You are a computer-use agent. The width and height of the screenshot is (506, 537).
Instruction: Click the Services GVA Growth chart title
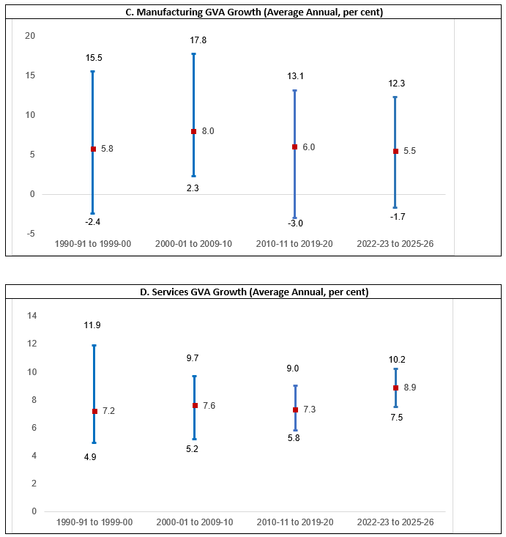[253, 292]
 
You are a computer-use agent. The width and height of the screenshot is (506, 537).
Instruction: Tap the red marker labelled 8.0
[194, 132]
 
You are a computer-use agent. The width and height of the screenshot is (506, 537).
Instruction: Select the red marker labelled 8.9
[395, 388]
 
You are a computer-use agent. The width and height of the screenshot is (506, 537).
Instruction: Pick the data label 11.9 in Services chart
[94, 325]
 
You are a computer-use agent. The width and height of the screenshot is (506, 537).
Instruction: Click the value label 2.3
[193, 188]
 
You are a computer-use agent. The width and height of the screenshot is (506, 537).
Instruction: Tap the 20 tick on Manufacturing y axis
[30, 36]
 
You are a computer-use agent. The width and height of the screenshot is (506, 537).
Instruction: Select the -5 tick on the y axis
[30, 234]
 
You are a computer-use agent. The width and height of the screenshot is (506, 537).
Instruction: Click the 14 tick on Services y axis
[31, 316]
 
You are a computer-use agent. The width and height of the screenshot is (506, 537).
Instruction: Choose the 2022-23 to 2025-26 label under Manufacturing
[395, 244]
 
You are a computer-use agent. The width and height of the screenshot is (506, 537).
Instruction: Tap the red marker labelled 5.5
[395, 151]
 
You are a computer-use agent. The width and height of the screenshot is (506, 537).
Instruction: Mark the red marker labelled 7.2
[94, 411]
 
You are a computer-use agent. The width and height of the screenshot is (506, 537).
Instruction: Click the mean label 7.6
[209, 406]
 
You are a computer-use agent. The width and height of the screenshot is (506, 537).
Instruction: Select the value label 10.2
[395, 360]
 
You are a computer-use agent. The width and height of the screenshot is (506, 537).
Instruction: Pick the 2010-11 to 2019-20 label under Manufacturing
[294, 244]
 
